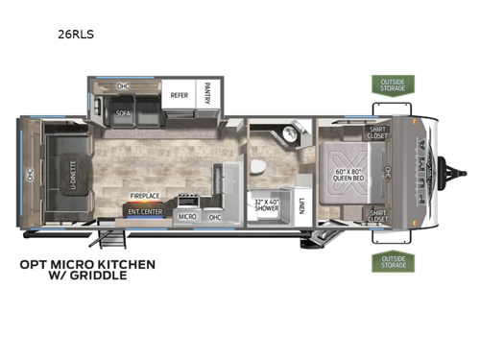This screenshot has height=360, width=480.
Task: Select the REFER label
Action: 179,96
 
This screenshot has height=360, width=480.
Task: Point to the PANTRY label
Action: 208,95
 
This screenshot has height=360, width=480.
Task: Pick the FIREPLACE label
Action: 145,196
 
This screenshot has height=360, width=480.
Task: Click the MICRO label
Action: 188,217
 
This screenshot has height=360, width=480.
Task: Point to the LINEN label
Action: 301,204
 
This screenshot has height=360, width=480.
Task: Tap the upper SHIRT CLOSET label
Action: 377,132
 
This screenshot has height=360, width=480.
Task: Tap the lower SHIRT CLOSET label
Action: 377,216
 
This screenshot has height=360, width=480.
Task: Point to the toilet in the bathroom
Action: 256,168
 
